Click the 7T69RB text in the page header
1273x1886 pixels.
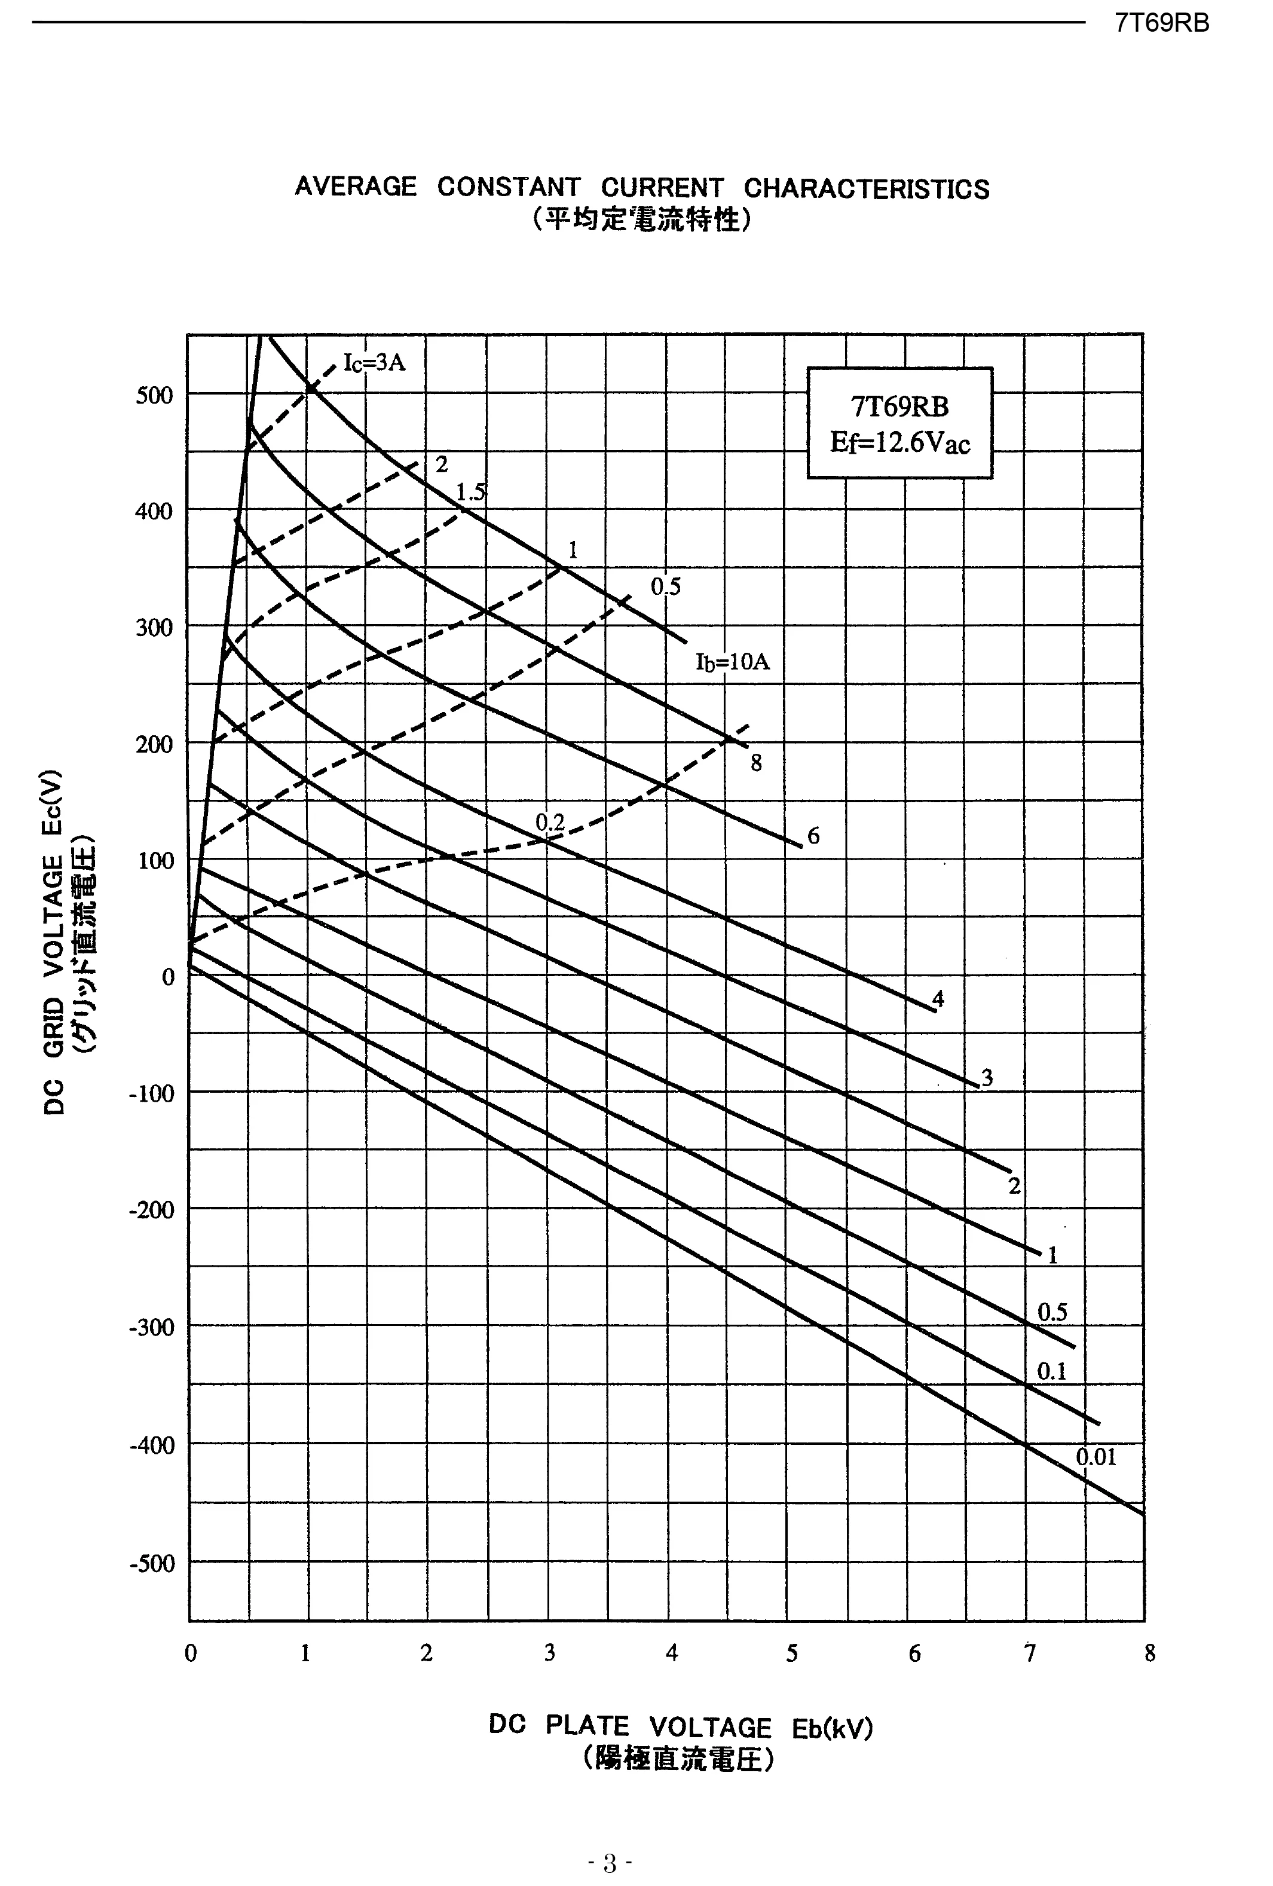(x=1161, y=23)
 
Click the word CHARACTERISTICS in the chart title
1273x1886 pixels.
(x=866, y=188)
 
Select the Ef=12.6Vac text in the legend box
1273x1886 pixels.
(x=899, y=443)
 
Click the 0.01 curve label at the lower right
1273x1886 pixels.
(x=1095, y=1457)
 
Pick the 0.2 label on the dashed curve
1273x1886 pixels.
(x=549, y=821)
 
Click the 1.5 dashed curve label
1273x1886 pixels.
(x=470, y=492)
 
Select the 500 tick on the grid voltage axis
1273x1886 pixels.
(x=154, y=395)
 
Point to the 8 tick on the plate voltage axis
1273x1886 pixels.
(x=1149, y=1653)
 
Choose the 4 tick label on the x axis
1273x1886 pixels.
(x=671, y=1653)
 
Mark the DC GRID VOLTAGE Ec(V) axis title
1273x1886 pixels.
(x=54, y=942)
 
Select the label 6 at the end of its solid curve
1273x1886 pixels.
(x=813, y=835)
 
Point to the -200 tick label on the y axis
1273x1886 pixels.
(x=151, y=1210)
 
